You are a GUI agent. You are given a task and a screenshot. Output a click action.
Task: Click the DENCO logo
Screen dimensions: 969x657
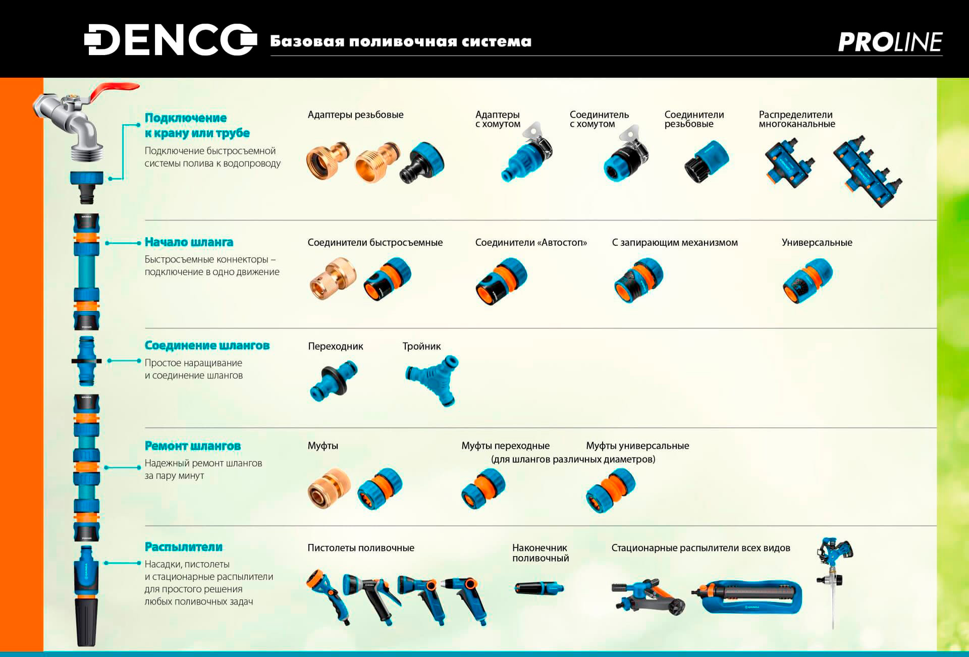171,39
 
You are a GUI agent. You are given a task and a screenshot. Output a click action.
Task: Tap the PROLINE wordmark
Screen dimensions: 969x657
890,42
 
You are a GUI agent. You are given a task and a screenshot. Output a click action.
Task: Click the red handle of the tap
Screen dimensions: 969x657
114,91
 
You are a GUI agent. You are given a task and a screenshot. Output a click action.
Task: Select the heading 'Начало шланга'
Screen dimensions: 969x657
189,242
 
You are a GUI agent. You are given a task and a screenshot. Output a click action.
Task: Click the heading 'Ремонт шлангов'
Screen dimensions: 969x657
193,446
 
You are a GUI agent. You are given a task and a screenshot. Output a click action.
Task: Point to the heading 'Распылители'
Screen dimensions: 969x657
184,547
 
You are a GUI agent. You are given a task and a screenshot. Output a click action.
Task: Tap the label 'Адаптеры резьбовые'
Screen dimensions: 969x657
355,115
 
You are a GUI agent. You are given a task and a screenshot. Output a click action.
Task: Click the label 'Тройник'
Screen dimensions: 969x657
421,346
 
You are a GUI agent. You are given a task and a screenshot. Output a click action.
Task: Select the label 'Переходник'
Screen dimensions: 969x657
336,346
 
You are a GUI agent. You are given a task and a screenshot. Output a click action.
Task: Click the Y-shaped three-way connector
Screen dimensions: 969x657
433,380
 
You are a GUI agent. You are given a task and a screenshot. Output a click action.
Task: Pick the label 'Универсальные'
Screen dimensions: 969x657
817,242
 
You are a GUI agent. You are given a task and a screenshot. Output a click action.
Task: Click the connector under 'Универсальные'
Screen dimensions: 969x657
807,281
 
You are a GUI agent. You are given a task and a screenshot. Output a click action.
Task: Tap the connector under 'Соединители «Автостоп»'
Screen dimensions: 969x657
501,281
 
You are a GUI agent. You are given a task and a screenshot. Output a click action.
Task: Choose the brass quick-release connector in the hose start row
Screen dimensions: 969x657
333,279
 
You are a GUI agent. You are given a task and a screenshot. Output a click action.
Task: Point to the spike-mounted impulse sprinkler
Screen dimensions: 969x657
834,580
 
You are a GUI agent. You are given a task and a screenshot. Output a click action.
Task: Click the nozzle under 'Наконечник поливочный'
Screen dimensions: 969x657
539,588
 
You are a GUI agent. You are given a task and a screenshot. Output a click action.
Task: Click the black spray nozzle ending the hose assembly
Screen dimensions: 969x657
86,621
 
